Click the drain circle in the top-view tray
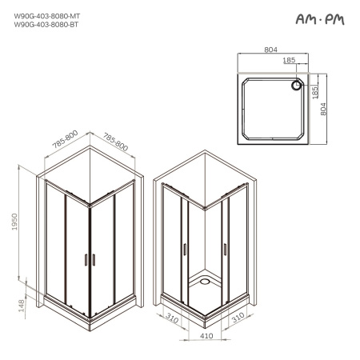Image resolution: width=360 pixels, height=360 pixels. tap(296, 84)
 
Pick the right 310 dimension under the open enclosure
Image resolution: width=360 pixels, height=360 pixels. tap(237, 318)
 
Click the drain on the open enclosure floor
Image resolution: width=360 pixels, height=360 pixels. tap(206, 281)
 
